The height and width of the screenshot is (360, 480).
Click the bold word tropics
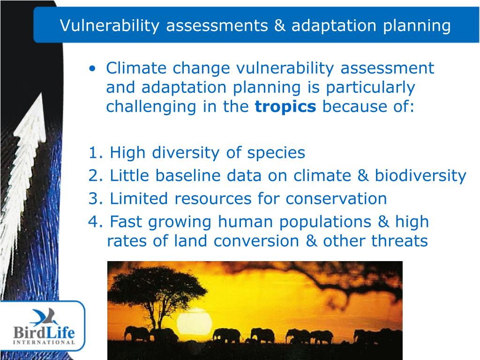[285, 107]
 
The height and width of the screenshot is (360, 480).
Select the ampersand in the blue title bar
[279, 25]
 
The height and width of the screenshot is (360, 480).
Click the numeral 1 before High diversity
[93, 152]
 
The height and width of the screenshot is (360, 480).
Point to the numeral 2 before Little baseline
[93, 175]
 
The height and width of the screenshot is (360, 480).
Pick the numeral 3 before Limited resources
[93, 198]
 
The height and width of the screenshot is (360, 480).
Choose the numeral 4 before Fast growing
[93, 221]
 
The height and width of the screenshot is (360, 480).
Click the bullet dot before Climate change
[92, 68]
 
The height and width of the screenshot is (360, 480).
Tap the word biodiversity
[420, 176]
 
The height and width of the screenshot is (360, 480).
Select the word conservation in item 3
[336, 199]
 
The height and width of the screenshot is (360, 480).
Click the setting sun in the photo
[194, 321]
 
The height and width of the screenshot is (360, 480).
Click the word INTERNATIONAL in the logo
[44, 342]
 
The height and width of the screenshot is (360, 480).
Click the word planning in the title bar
[417, 26]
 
